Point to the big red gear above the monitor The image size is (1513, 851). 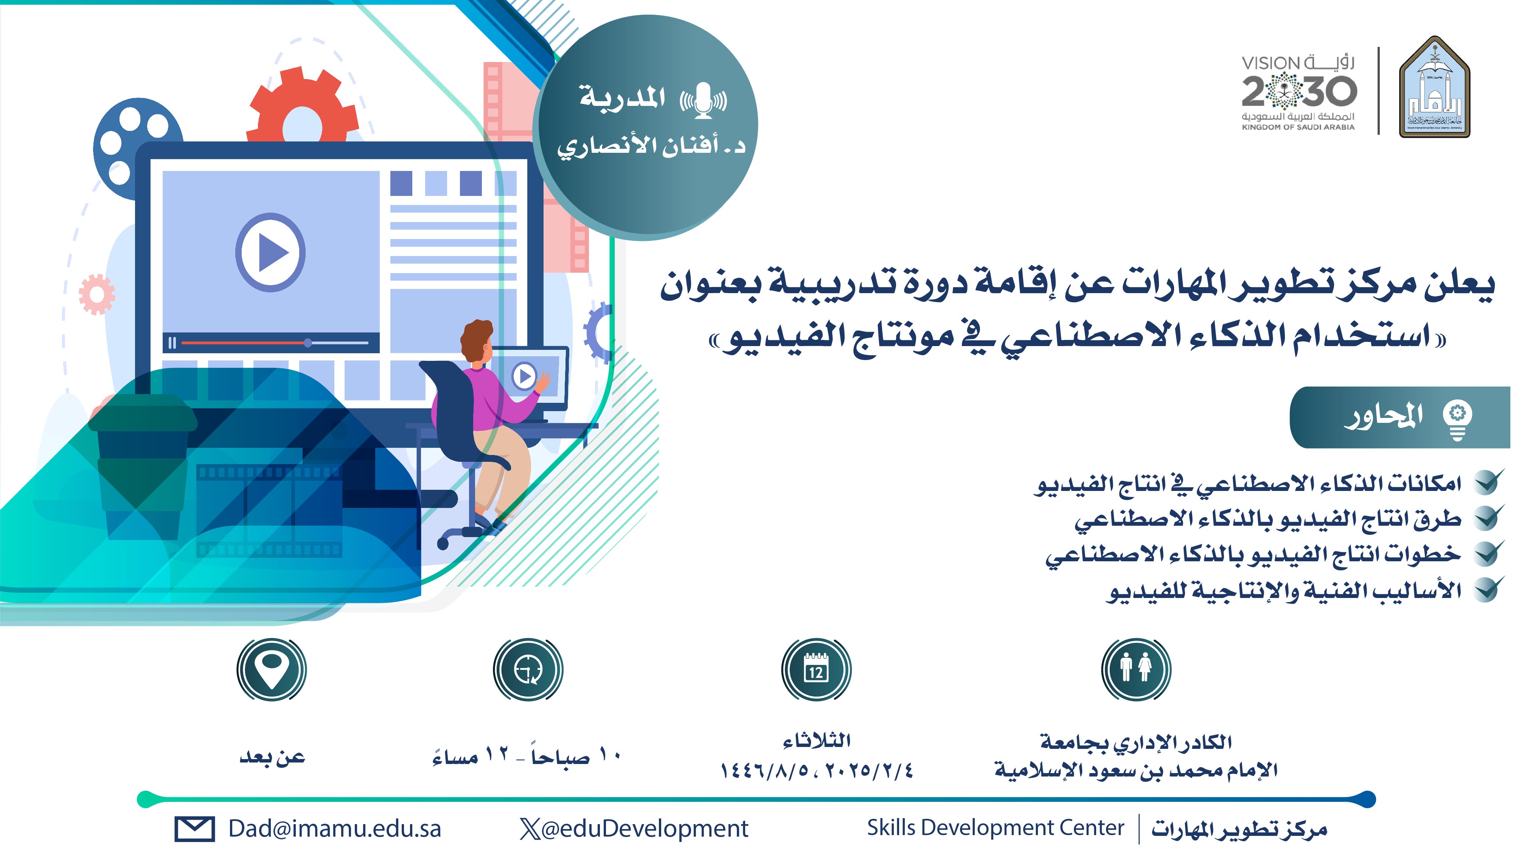pyautogui.click(x=303, y=106)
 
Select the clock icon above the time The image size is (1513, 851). pyautogui.click(x=528, y=669)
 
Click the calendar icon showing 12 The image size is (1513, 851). pyautogui.click(x=816, y=669)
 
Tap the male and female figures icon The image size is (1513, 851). pyautogui.click(x=1136, y=669)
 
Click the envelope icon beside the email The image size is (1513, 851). pyautogui.click(x=194, y=829)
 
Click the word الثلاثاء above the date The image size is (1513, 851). pyautogui.click(x=816, y=741)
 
